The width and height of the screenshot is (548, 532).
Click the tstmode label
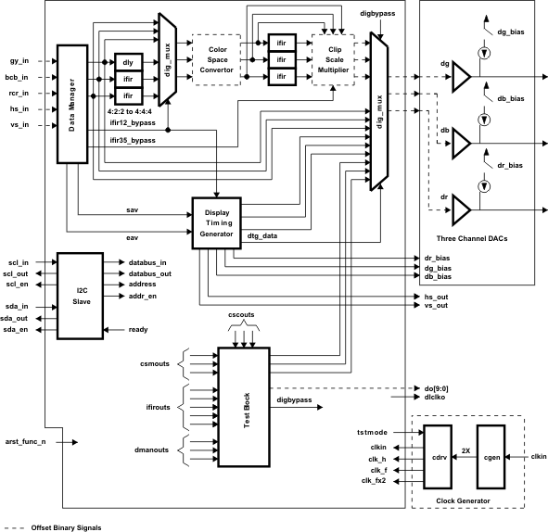[372, 433]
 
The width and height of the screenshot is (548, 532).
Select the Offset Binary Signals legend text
[64, 526]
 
